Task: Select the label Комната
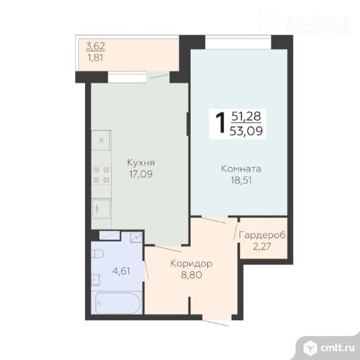point(241,169)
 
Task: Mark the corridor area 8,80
point(191,274)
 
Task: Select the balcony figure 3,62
point(94,45)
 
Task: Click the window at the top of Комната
point(239,43)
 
